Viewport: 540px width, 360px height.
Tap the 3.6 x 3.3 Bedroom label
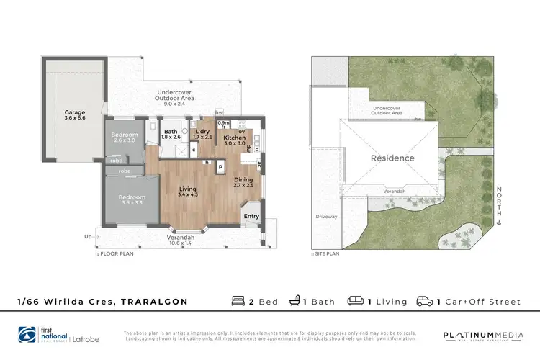(132, 197)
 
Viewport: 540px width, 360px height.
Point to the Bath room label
(171, 132)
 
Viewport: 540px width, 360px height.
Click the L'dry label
(202, 132)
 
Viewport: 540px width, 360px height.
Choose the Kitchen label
(234, 138)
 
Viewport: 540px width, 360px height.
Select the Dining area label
(243, 181)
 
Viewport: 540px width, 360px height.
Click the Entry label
(251, 216)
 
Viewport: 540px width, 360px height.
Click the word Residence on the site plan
(392, 158)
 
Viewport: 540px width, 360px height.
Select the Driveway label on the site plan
(326, 216)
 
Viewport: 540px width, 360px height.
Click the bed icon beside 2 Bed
(238, 302)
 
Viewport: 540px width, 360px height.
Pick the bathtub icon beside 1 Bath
(294, 302)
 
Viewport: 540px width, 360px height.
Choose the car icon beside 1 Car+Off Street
(426, 302)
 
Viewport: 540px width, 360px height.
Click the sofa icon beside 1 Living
(355, 302)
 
